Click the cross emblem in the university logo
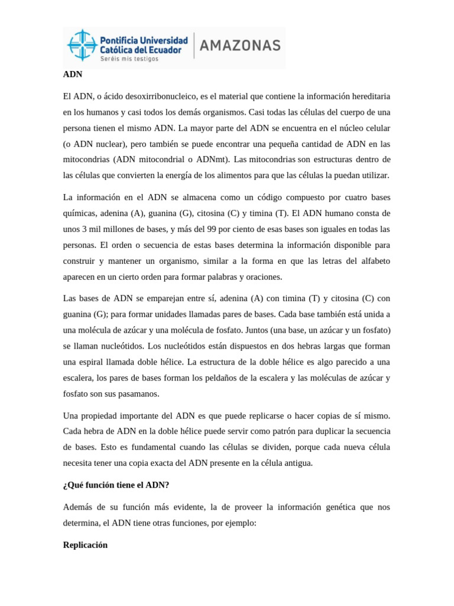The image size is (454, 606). [x=82, y=46]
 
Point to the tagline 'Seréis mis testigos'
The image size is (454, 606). [x=129, y=59]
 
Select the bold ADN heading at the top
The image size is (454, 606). [x=73, y=75]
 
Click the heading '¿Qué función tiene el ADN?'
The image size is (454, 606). [x=116, y=485]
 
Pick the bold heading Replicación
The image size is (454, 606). [x=85, y=544]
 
